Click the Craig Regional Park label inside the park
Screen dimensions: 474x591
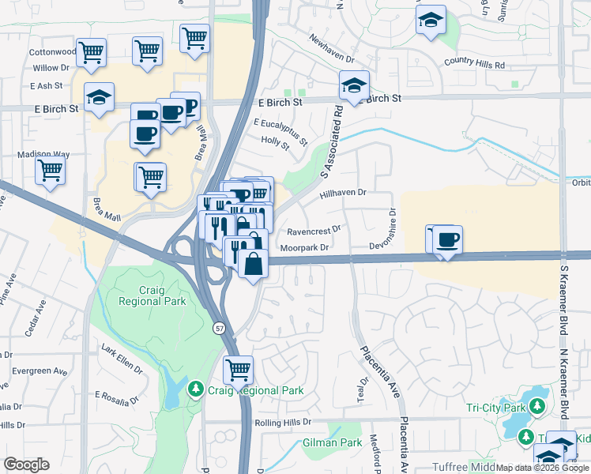pyautogui.click(x=152, y=295)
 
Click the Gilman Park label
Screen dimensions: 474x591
pyautogui.click(x=332, y=443)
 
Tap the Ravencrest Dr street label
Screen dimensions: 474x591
pyautogui.click(x=314, y=231)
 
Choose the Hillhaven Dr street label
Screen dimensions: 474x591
pyautogui.click(x=343, y=192)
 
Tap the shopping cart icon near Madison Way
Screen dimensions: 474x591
pyautogui.click(x=51, y=169)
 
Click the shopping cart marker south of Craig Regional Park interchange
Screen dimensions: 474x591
pyautogui.click(x=238, y=368)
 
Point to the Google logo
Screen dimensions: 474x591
pyautogui.click(x=26, y=465)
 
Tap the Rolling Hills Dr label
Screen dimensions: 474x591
pyautogui.click(x=284, y=423)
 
